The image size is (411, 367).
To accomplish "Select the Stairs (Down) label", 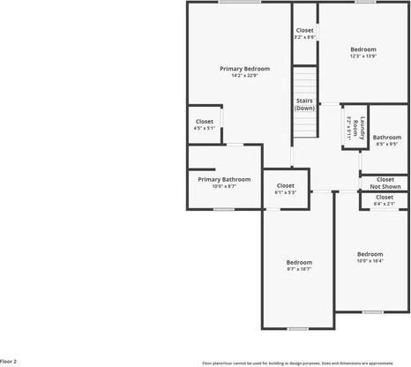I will coord(304,104).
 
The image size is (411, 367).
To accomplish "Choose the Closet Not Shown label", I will coord(385,183).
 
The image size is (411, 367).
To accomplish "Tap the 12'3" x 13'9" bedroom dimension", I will coord(362,56).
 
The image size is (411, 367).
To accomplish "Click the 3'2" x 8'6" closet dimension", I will coord(304,37).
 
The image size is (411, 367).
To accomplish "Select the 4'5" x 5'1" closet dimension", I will coord(204,128).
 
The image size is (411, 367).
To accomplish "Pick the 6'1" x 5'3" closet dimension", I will coord(285,192).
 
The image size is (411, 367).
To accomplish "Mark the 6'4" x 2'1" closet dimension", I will coord(385,204).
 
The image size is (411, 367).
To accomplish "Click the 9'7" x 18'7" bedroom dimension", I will coord(298,269).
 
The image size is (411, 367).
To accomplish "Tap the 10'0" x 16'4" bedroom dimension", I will coord(369,260).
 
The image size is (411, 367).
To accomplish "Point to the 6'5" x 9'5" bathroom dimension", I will coord(386,144).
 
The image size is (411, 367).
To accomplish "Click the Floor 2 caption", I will coord(9,361).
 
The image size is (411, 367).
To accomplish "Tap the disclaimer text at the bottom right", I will coord(297,363).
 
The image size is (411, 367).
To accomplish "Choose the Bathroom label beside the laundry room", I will coord(386,137).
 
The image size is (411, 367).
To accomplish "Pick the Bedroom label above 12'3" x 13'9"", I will coord(362,49).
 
